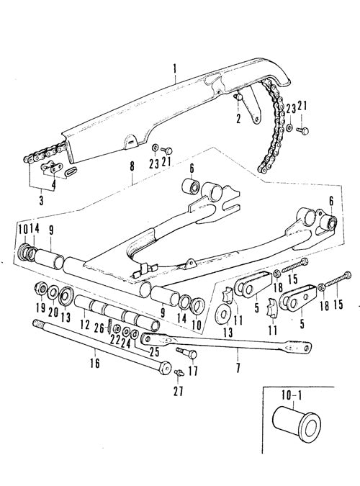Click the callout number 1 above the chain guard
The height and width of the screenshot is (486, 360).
(x=175, y=68)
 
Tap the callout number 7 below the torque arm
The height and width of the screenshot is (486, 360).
(x=238, y=368)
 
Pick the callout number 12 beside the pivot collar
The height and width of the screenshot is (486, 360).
(x=85, y=325)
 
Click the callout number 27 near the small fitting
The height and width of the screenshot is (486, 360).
(x=178, y=390)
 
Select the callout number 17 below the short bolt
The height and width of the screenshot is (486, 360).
(x=192, y=371)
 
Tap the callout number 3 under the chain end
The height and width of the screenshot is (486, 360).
(x=41, y=200)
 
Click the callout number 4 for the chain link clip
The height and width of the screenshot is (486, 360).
(x=54, y=185)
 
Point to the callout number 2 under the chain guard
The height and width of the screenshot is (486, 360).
(x=238, y=118)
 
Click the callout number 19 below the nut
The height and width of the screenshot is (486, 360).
(x=40, y=307)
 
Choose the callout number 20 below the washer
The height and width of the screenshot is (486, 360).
(x=53, y=311)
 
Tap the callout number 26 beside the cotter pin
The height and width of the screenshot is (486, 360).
(x=99, y=328)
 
